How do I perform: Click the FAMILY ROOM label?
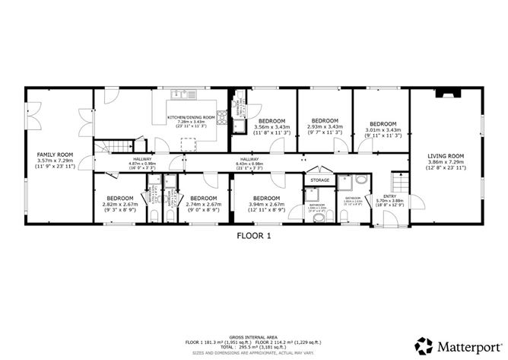tap(55, 155)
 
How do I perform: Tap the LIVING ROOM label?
tap(446, 155)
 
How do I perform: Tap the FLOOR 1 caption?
tap(254, 236)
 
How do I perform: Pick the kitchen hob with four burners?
tap(222, 117)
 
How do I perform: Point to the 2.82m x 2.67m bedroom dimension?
tap(120, 204)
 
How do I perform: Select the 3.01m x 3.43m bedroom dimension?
tap(383, 129)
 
